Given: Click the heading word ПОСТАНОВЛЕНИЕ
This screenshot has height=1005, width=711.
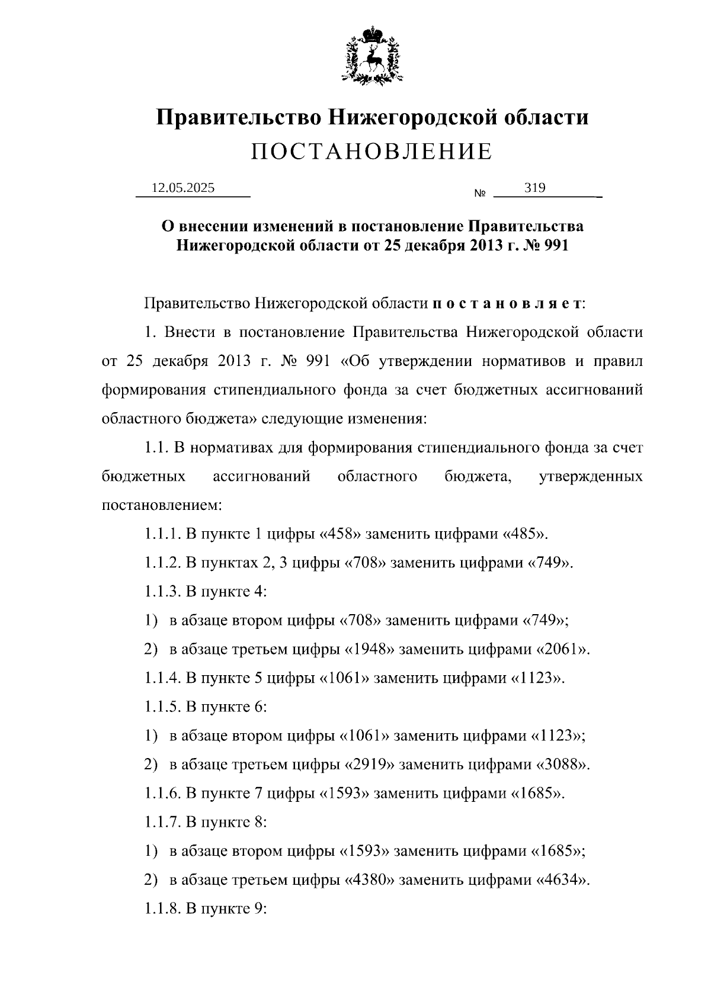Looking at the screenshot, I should tap(371, 152).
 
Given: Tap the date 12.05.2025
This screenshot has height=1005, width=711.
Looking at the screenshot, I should tap(183, 188).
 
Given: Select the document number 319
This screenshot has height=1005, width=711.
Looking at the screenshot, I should tap(534, 188).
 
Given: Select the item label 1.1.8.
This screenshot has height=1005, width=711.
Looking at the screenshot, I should tap(162, 908).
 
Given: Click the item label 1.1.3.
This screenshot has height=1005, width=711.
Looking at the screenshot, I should tap(162, 592).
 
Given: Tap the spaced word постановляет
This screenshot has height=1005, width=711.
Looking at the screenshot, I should tap(507, 304).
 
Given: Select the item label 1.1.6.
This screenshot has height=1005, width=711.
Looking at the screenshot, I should tap(162, 793).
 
